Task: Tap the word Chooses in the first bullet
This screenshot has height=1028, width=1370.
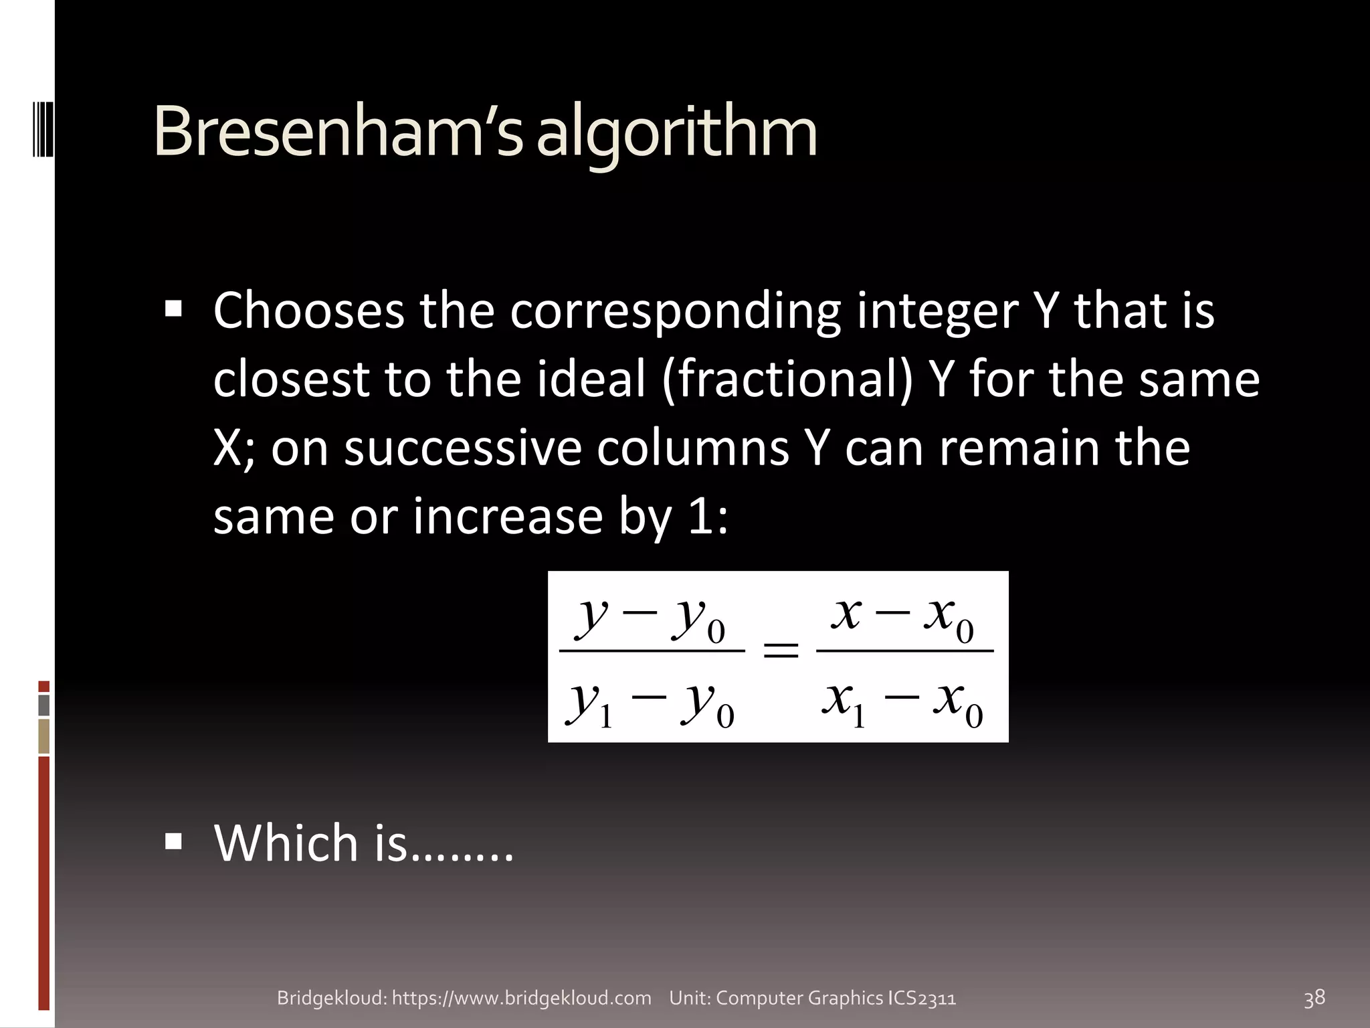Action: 308,311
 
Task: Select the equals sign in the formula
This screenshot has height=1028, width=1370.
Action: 781,651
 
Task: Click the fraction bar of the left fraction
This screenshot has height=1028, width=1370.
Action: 652,650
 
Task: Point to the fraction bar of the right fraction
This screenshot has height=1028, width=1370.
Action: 904,650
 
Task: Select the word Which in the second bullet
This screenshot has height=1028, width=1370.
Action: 287,843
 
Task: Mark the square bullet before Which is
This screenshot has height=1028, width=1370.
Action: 173,841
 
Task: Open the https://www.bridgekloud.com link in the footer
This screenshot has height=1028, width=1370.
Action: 521,998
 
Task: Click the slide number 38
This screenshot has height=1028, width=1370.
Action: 1314,998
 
